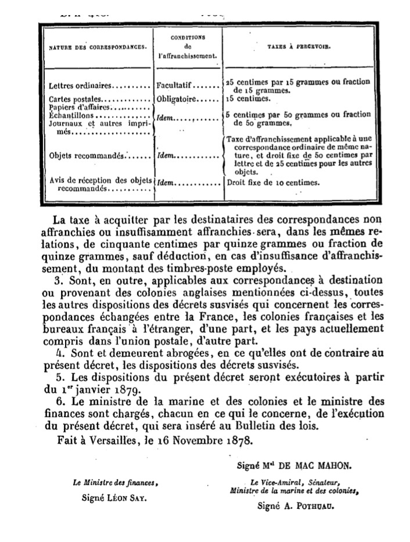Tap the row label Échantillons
72,115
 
